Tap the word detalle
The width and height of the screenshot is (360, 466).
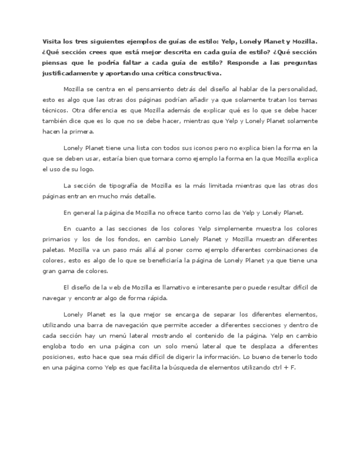pos(144,196)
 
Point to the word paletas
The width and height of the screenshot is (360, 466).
pos(55,249)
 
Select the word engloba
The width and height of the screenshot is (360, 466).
pos(56,346)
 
